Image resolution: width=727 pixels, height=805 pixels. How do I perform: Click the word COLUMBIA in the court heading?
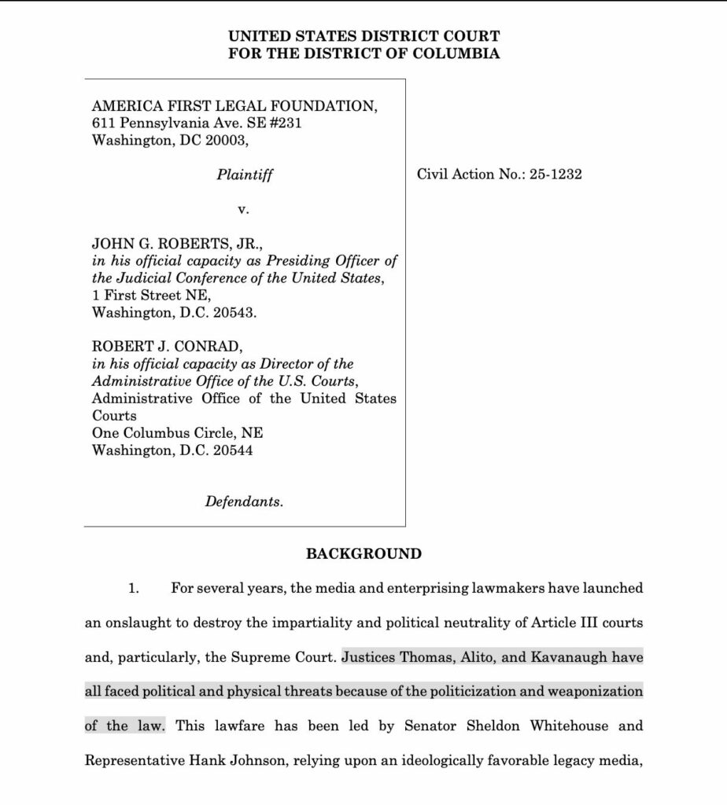(x=459, y=54)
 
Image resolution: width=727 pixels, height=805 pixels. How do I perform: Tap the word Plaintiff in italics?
(x=245, y=175)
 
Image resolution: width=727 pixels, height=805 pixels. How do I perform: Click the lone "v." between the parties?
(x=243, y=210)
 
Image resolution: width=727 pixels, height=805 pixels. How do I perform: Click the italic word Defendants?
(x=244, y=501)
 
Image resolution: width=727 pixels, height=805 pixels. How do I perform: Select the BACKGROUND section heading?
(x=363, y=553)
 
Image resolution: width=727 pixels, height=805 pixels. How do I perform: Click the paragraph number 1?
(x=134, y=589)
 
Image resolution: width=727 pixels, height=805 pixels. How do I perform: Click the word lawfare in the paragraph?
(x=239, y=726)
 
